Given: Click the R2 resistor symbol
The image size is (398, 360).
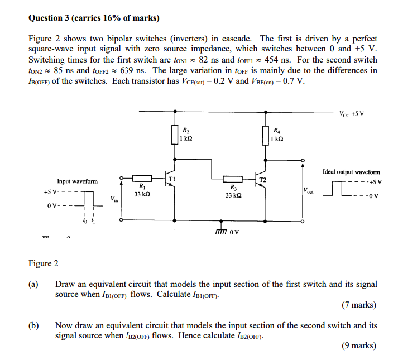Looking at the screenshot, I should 174,135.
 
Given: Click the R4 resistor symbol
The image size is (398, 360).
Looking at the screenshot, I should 266,135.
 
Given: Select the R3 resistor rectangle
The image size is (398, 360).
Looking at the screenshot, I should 233,177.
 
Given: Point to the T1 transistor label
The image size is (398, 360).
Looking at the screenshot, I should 172,179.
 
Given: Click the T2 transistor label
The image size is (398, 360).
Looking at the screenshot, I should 263,180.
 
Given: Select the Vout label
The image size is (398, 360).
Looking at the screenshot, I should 309,191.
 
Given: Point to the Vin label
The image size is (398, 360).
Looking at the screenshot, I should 114,198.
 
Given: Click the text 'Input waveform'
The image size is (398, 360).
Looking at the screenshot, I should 77,181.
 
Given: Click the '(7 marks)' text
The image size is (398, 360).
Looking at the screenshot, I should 358,305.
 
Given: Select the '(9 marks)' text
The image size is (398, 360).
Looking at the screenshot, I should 358,346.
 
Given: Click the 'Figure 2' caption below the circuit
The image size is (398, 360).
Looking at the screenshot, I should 44,263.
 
